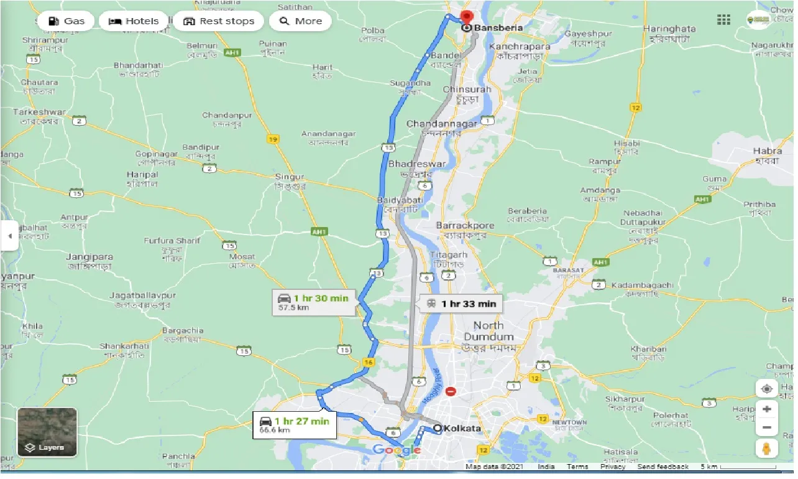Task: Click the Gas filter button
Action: click(66, 21)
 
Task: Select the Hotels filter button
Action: click(134, 21)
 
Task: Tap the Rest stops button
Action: click(219, 21)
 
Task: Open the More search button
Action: click(301, 21)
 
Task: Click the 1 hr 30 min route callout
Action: click(314, 301)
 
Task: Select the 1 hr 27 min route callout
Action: click(295, 425)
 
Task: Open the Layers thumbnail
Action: click(47, 432)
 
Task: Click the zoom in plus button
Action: click(767, 409)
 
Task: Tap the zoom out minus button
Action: click(767, 428)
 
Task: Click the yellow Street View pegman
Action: click(767, 448)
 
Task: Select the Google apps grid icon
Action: click(723, 20)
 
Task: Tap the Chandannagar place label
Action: click(442, 124)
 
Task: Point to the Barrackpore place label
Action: click(465, 225)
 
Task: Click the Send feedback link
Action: click(663, 467)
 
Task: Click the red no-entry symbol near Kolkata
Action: click(451, 392)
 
